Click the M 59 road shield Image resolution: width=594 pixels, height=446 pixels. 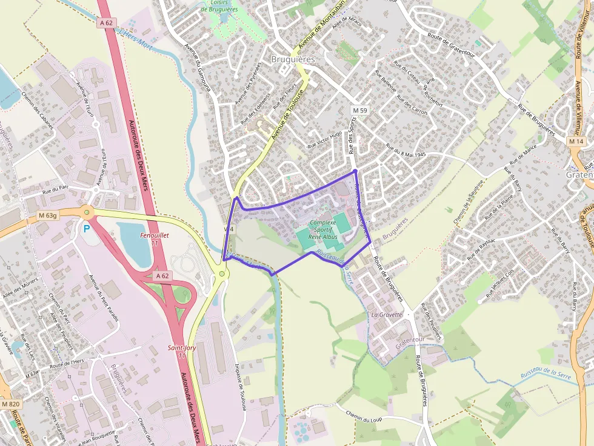pyautogui.click(x=360, y=111)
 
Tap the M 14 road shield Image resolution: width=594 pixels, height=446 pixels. pyautogui.click(x=576, y=141)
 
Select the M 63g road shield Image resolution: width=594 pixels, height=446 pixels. pyautogui.click(x=47, y=215)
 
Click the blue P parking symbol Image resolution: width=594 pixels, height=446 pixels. pyautogui.click(x=87, y=229)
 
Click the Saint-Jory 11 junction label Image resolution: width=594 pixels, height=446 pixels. pyautogui.click(x=177, y=352)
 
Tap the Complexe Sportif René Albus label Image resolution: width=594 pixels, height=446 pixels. pyautogui.click(x=322, y=230)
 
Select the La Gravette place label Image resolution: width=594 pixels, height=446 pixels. pyautogui.click(x=387, y=315)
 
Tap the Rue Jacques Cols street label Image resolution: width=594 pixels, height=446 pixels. pyautogui.click(x=502, y=284)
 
